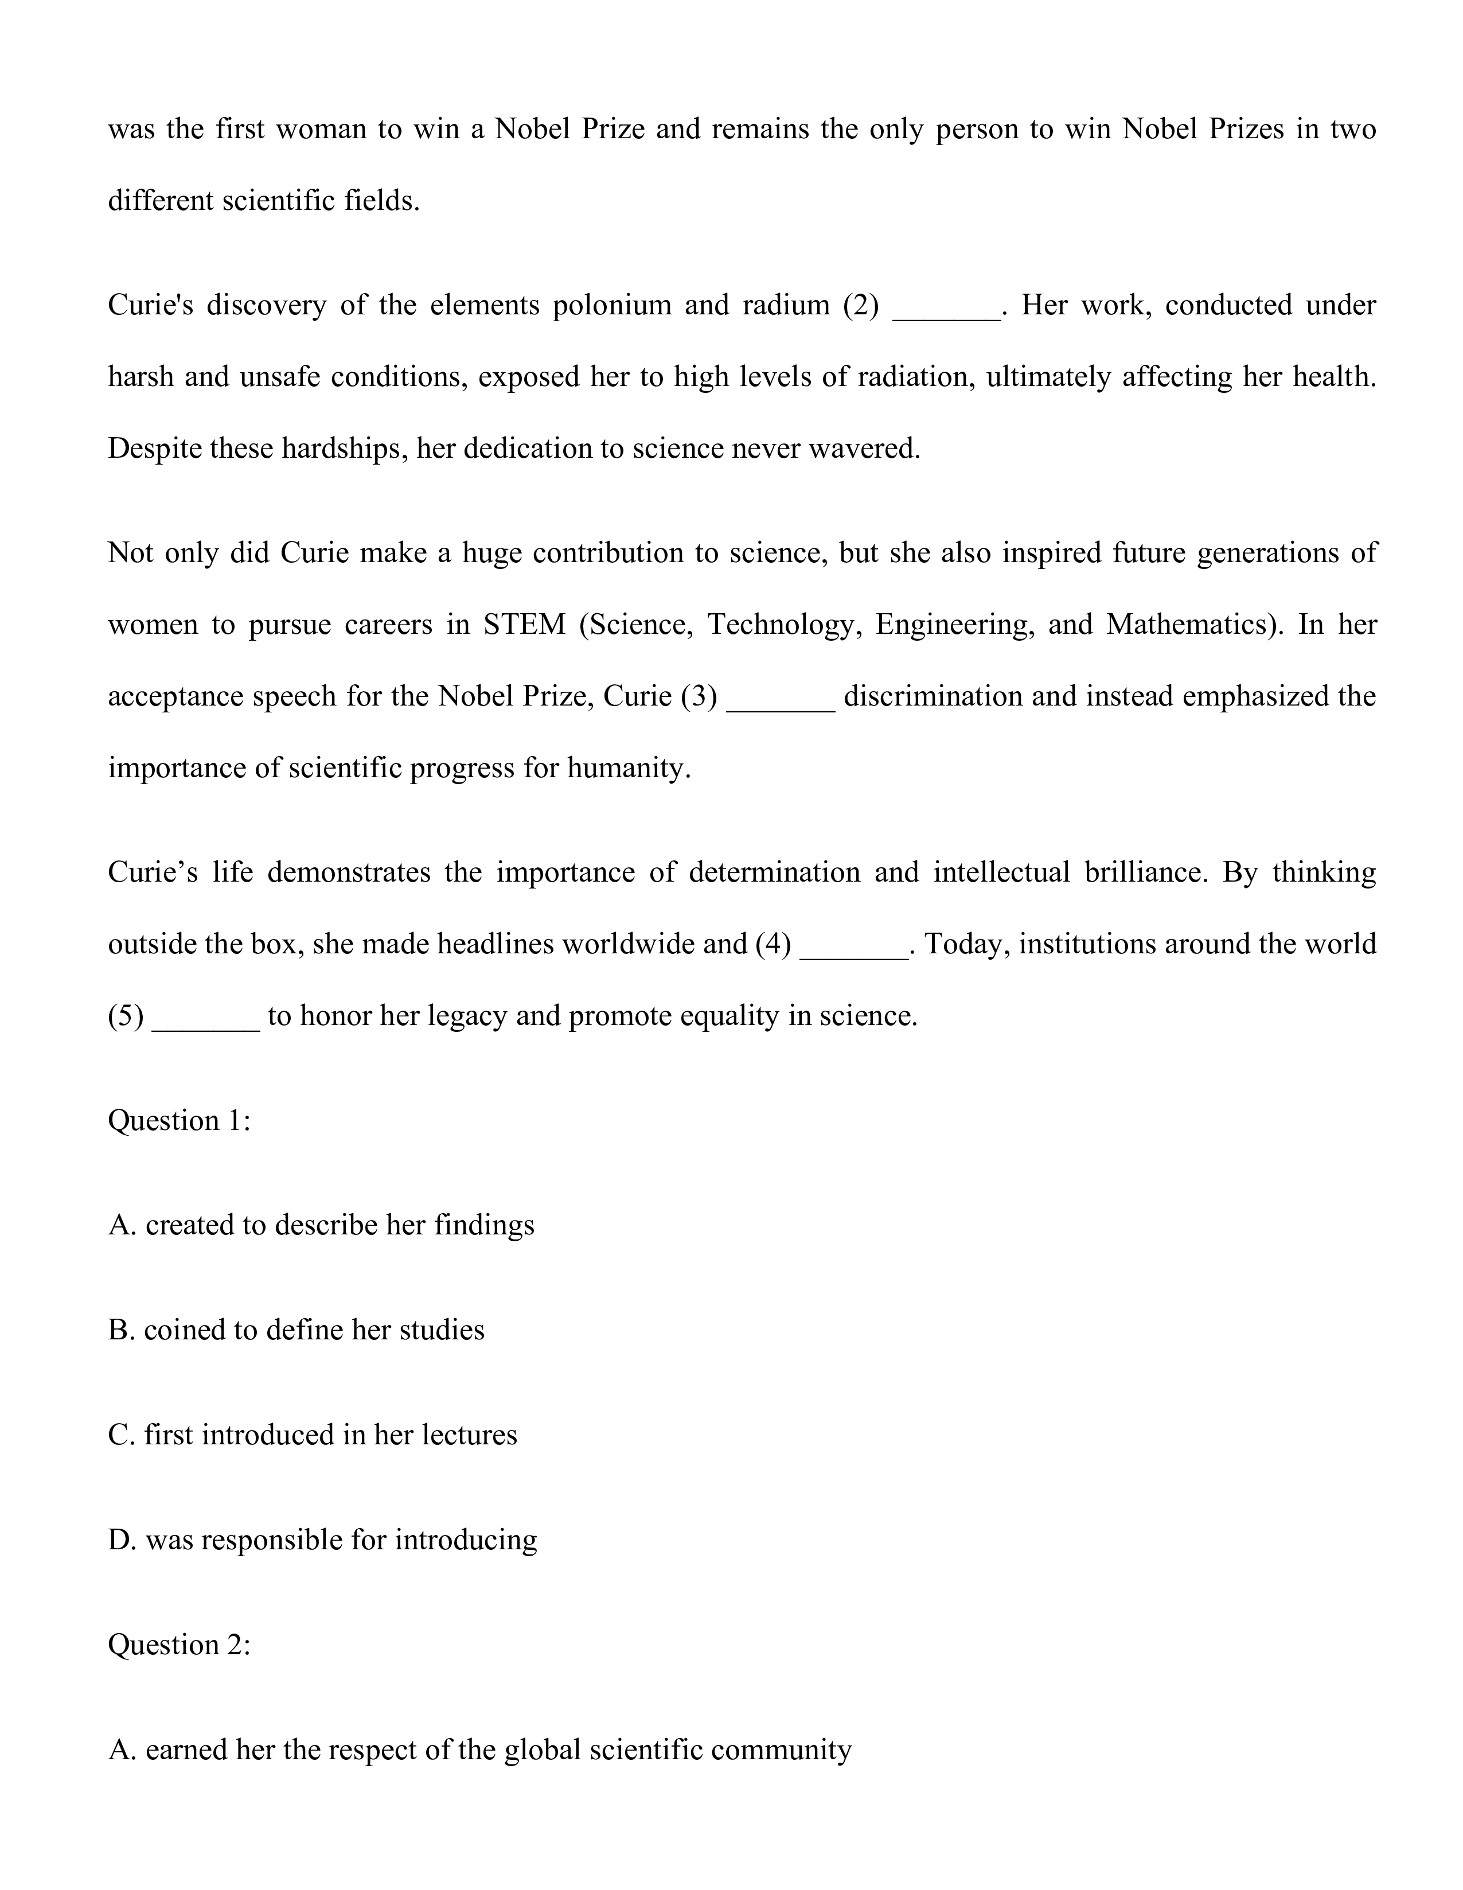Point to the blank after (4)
pyautogui.click(x=854, y=950)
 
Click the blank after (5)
pyautogui.click(x=206, y=1022)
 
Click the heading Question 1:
pyautogui.click(x=179, y=1121)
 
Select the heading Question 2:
pyautogui.click(x=179, y=1645)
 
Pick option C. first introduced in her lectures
pyautogui.click(x=313, y=1435)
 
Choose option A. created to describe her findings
pyautogui.click(x=321, y=1225)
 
